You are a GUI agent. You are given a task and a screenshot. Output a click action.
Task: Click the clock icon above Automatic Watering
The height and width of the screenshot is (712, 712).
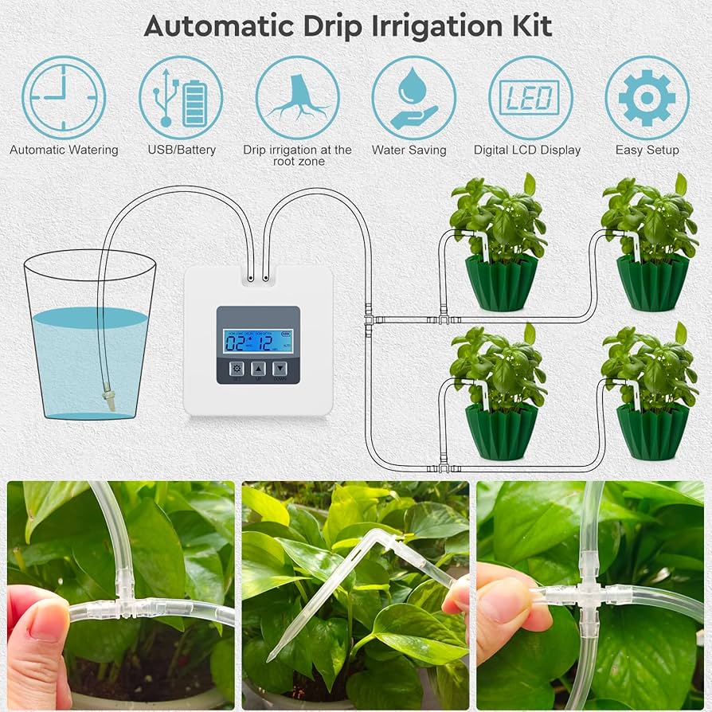pos(64,97)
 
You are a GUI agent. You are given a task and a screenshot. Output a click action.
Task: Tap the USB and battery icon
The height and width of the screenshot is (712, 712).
pos(181,97)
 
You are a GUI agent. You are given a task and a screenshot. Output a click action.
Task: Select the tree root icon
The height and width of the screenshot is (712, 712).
pos(297,97)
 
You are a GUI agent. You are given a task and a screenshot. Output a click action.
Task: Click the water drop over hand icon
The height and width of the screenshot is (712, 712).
pos(413,97)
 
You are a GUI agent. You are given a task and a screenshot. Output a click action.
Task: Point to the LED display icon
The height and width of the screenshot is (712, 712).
pos(530,97)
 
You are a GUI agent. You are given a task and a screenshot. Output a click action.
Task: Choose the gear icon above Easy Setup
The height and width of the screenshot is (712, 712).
pos(647,97)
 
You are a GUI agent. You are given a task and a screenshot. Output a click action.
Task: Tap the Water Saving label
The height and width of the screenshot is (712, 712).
pos(409,150)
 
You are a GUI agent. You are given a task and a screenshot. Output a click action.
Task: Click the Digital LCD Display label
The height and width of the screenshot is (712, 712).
pos(527,150)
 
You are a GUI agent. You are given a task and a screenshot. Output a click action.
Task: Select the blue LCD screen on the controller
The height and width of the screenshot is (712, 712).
pos(258,341)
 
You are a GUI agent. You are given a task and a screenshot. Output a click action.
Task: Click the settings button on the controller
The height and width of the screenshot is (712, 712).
pos(237,370)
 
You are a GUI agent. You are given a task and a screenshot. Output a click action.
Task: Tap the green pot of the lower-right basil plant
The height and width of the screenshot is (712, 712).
pos(652,432)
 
